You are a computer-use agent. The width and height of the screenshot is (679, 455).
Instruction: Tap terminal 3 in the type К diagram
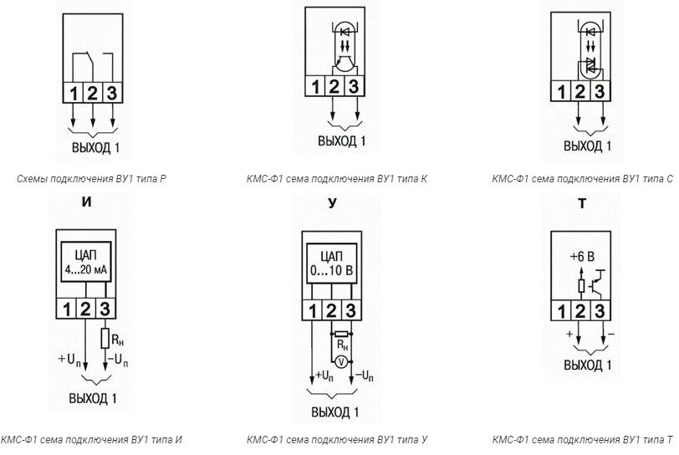click(353, 85)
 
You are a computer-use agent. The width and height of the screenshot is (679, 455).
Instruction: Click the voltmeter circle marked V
click(341, 362)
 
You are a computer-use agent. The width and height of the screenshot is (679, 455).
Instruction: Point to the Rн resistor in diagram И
click(105, 340)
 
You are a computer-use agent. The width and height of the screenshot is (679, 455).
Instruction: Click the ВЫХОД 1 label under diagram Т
click(587, 366)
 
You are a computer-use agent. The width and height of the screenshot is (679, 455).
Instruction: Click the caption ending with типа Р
click(91, 178)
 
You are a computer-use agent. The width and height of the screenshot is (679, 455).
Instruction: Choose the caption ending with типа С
click(582, 178)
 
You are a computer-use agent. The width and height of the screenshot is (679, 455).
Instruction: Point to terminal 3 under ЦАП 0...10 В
click(350, 309)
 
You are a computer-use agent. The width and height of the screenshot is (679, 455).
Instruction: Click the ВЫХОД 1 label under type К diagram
click(341, 141)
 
